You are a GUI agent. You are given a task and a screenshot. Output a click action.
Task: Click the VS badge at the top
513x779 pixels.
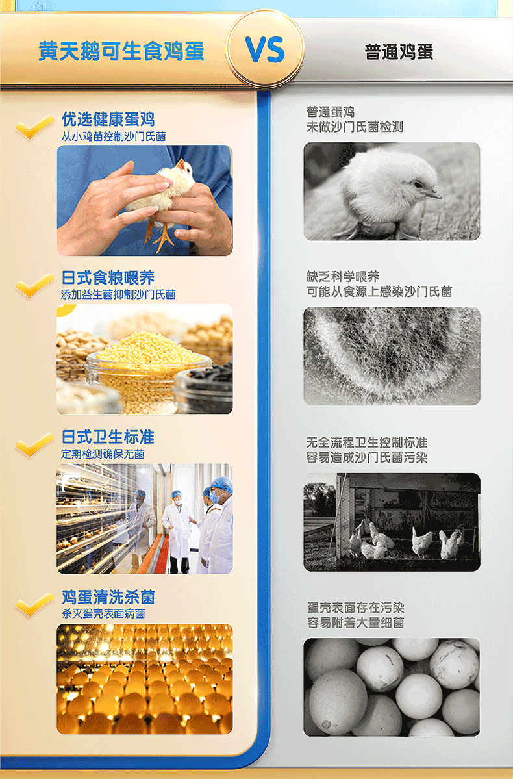click(265, 49)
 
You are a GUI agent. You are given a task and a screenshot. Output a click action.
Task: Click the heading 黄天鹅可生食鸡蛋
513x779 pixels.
click(121, 52)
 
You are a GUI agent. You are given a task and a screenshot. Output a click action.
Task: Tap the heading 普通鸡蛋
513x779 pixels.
click(399, 52)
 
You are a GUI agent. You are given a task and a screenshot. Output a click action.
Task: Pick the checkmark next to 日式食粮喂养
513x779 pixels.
click(34, 285)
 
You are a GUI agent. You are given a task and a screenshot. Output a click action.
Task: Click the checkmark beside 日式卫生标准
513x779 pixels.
click(34, 444)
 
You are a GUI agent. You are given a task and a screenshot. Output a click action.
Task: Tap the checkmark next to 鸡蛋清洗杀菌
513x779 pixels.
click(34, 604)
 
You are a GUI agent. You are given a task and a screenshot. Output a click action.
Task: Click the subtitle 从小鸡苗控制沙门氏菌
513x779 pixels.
click(113, 136)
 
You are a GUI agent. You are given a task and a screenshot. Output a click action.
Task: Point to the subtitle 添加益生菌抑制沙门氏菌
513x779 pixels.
click(118, 294)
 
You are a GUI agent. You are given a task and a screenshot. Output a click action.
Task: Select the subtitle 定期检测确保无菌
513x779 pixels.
click(103, 454)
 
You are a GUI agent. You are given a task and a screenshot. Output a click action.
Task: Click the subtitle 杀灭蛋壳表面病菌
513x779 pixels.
click(103, 614)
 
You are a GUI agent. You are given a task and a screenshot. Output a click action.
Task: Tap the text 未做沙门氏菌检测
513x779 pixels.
click(355, 127)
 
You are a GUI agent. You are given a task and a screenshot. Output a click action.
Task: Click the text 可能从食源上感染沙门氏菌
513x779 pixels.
click(379, 292)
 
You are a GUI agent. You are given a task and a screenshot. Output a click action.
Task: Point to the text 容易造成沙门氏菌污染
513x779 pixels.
click(366, 457)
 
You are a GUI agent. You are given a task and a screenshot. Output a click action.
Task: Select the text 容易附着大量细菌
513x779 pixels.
click(356, 622)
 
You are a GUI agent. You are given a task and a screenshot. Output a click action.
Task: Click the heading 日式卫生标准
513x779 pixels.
click(108, 437)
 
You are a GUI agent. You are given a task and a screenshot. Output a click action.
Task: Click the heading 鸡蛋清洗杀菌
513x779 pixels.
click(108, 597)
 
